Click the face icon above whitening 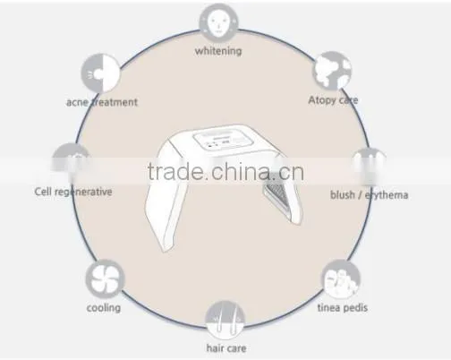218,22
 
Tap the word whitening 218,51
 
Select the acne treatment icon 100,73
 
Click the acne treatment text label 102,102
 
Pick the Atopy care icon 332,71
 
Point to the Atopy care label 333,100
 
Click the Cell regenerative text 73,192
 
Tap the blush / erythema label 369,195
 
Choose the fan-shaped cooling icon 105,279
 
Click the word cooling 104,308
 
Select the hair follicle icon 225,321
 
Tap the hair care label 226,348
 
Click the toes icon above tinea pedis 341,279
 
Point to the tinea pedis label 342,307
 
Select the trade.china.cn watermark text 225,172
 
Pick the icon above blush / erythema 370,167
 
